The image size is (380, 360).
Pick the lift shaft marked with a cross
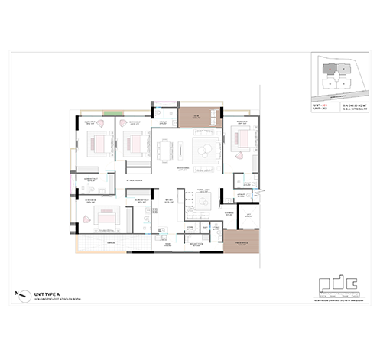246,221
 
